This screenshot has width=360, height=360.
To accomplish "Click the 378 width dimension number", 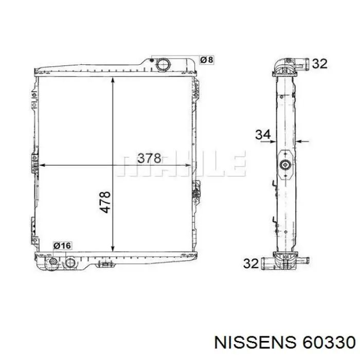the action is point(149,158).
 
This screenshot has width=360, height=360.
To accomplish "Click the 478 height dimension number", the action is point(105,202).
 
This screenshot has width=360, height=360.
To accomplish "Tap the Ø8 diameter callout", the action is point(207,60).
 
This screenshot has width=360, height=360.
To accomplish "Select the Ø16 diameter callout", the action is point(62,246).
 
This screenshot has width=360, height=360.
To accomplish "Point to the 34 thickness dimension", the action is point(263,135).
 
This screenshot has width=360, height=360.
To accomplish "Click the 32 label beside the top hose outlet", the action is point(319,64).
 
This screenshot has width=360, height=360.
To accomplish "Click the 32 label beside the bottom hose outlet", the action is point(251,263).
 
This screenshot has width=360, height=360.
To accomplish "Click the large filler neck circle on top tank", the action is point(163,64).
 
